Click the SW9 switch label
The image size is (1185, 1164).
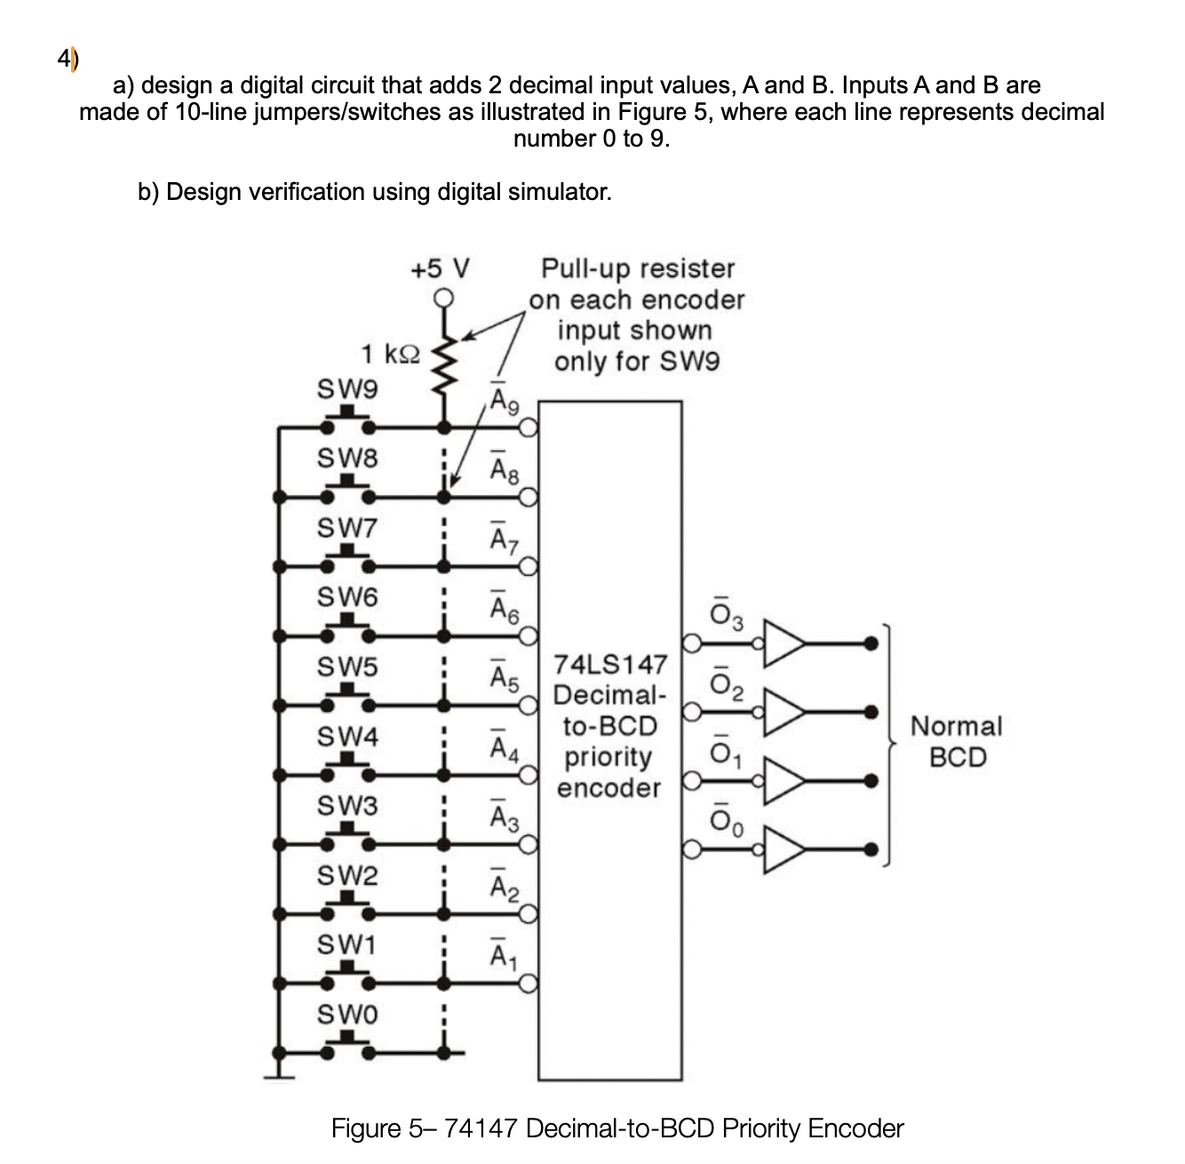[347, 389]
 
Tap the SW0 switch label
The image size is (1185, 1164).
[347, 1014]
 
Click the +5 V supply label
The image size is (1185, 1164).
[440, 267]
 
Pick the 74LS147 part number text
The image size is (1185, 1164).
[609, 665]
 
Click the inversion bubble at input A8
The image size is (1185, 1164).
[529, 498]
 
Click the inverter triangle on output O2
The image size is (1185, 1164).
[784, 712]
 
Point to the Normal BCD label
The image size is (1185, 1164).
[956, 741]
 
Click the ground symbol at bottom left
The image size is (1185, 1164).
[279, 1073]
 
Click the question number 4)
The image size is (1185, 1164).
[68, 60]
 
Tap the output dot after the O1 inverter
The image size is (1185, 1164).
[871, 781]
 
